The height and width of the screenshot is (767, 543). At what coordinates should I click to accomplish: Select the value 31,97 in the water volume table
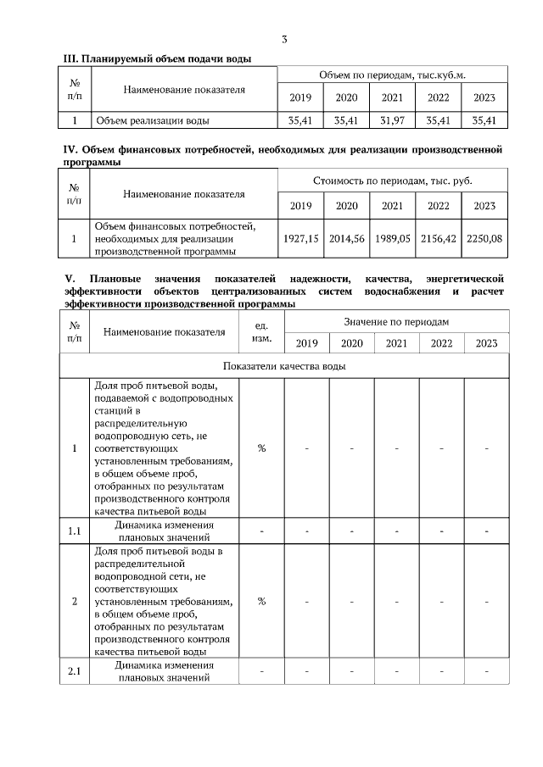[392, 120]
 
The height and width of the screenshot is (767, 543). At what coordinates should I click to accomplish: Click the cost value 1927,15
[300, 239]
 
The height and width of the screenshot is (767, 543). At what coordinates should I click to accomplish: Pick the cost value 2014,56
[347, 239]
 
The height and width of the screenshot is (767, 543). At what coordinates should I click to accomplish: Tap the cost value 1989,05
[392, 239]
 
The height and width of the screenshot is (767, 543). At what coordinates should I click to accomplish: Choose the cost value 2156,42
[438, 239]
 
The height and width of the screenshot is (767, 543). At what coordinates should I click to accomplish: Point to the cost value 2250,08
[484, 239]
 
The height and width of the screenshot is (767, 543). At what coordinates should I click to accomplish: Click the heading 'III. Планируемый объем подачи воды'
[158, 58]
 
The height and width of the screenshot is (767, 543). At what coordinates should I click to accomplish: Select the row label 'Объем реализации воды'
[152, 120]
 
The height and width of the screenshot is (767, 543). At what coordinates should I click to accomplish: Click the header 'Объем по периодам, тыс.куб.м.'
[392, 75]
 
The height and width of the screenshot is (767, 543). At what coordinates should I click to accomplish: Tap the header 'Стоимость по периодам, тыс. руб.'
[392, 181]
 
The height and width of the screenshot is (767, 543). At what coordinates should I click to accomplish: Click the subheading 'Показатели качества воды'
[284, 366]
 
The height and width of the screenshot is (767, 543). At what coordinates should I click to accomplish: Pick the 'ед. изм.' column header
[261, 331]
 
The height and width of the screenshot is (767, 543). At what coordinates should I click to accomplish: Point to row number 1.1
[74, 531]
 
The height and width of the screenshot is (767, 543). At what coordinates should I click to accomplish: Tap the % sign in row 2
[261, 601]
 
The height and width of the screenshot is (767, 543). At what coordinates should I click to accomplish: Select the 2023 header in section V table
[486, 343]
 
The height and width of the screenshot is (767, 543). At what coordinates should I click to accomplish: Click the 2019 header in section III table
[300, 97]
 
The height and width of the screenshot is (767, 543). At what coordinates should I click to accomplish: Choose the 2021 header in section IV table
[392, 205]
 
